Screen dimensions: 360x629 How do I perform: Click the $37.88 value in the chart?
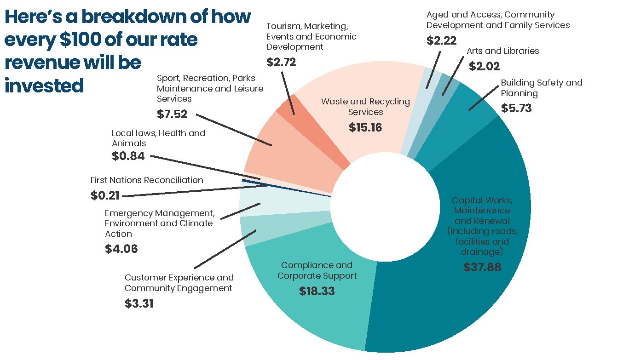482,267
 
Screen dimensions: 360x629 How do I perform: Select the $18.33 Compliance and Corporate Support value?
317,291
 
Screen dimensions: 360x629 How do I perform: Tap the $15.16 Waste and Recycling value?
365,127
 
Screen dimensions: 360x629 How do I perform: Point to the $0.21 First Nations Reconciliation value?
105,195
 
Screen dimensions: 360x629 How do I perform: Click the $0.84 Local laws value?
128,156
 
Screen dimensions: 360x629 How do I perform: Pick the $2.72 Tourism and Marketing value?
281,62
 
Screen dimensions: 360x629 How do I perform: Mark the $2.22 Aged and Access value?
442,41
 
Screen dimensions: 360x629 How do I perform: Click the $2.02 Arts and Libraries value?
484,67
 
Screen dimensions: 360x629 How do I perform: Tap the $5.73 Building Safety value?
516,109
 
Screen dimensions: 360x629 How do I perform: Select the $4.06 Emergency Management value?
121,249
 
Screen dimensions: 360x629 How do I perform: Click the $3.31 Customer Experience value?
138,303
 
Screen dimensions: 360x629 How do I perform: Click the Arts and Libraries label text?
502,51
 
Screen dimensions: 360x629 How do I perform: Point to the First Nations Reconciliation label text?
146,180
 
